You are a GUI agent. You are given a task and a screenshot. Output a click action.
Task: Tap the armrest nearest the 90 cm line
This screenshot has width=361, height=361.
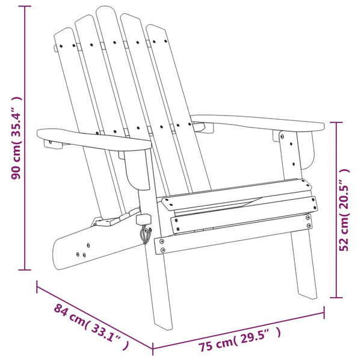90,139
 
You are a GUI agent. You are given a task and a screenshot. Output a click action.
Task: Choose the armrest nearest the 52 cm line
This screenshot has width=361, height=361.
259,123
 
